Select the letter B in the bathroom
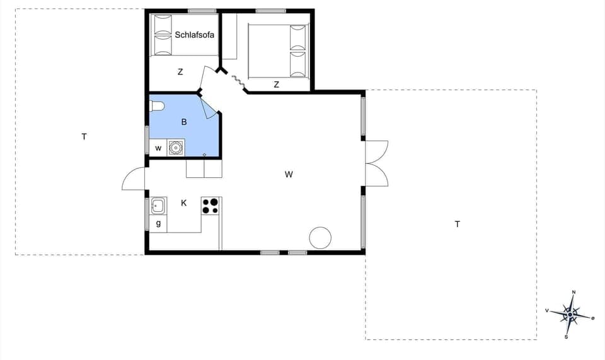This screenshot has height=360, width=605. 184,122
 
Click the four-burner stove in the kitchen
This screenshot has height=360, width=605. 210,206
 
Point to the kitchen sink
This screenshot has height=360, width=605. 158,205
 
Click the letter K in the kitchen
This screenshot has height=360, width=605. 184,203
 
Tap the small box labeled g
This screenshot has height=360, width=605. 158,223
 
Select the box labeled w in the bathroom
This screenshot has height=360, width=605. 158,148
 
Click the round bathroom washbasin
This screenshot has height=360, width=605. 176,148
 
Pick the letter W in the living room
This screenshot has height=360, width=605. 289,175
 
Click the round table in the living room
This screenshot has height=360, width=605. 320,238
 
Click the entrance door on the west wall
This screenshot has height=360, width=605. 134,179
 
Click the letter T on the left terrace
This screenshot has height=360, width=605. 84,136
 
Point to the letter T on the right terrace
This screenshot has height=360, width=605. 458,224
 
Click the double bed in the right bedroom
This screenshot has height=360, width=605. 278,50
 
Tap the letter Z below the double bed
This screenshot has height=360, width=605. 277,84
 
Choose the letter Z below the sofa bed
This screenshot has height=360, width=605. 180,72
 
